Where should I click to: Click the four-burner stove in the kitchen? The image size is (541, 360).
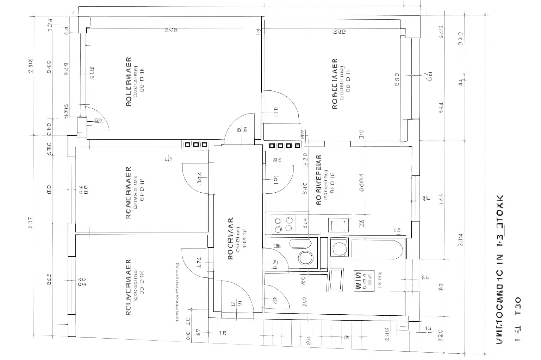pos(283,224)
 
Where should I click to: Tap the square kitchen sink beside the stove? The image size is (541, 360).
pos(340,225)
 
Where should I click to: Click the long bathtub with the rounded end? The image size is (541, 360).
pos(376,249)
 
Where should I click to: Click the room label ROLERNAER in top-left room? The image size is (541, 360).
pos(129,82)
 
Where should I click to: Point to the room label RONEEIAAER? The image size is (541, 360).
pos(335,84)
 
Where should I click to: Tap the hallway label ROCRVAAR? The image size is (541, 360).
pos(230,238)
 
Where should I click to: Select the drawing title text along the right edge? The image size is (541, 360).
pos(500,269)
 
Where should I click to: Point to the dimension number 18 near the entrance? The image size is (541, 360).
pos(223,333)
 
